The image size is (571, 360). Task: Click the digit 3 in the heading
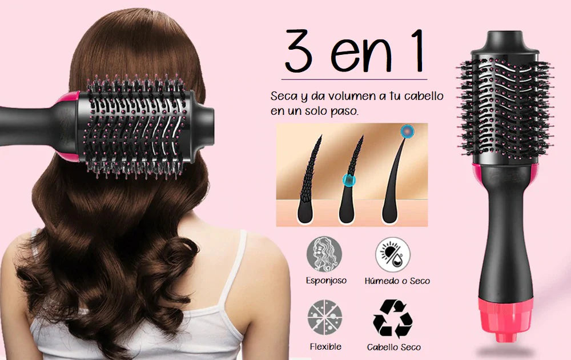[299, 51]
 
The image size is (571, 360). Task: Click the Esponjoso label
[326, 281]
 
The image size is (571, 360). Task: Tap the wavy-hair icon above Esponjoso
[324, 254]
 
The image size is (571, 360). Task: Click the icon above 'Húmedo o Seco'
[393, 254]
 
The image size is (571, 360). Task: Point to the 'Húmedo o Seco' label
[397, 281]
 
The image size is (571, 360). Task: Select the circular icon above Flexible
[325, 317]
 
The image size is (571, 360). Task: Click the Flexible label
[325, 346]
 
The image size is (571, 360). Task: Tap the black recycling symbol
[393, 318]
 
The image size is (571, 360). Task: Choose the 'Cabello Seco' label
[393, 347]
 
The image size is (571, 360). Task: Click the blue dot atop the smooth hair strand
[407, 131]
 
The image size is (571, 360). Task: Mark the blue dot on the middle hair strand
[349, 181]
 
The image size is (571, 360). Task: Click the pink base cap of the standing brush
[505, 319]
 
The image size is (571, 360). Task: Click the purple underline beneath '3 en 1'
[354, 79]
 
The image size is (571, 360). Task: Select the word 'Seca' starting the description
[284, 96]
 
